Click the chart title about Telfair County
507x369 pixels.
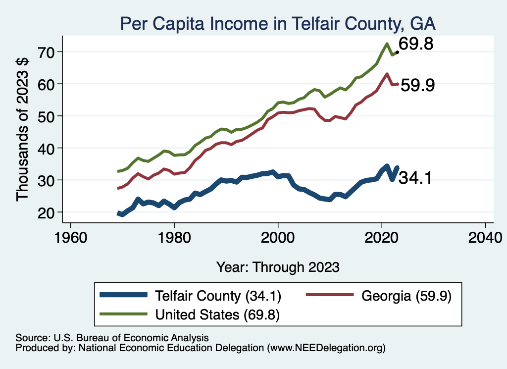[278, 23]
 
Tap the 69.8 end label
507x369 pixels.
[416, 44]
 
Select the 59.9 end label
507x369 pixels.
[417, 85]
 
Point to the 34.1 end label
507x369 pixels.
[415, 178]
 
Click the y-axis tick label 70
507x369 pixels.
[48, 52]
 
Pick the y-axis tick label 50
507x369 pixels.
[48, 116]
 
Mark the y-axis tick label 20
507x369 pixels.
[48, 212]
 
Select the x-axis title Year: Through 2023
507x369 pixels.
[278, 267]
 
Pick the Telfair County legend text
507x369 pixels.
[218, 296]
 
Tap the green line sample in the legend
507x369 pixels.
[123, 314]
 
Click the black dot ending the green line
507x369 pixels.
[397, 52]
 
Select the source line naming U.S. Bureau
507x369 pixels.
[112, 338]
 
